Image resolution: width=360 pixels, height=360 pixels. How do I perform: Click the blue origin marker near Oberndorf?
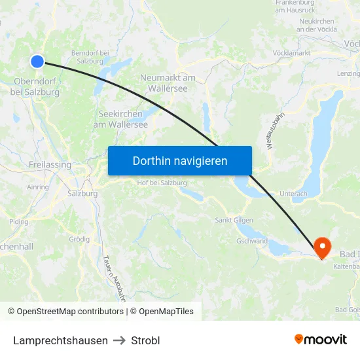coord(37,61)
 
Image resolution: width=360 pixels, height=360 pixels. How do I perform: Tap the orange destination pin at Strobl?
coord(323,247)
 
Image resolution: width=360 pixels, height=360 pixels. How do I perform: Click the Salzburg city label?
coord(82,194)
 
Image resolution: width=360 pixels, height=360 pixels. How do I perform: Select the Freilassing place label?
coord(50,165)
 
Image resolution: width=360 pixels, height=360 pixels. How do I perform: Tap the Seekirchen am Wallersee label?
coord(120,119)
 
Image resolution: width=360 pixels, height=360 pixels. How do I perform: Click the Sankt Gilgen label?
coord(235,220)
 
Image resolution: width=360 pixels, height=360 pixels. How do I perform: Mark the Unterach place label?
coord(293,194)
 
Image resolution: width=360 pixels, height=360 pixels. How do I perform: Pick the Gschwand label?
coord(252,241)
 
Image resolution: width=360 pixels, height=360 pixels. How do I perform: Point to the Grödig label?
coord(79,239)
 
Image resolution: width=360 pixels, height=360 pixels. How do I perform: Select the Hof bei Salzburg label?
coord(162,182)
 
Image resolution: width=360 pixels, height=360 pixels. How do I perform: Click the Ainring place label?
coord(38,187)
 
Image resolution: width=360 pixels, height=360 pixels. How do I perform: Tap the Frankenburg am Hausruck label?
coord(300,6)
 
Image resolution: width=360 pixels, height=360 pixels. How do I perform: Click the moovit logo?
coord(320,339)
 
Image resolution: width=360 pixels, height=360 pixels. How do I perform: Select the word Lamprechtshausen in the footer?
coord(60,340)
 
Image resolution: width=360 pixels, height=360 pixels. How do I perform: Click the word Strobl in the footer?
coord(145,340)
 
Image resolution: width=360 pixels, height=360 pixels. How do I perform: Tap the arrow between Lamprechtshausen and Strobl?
coord(119,340)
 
